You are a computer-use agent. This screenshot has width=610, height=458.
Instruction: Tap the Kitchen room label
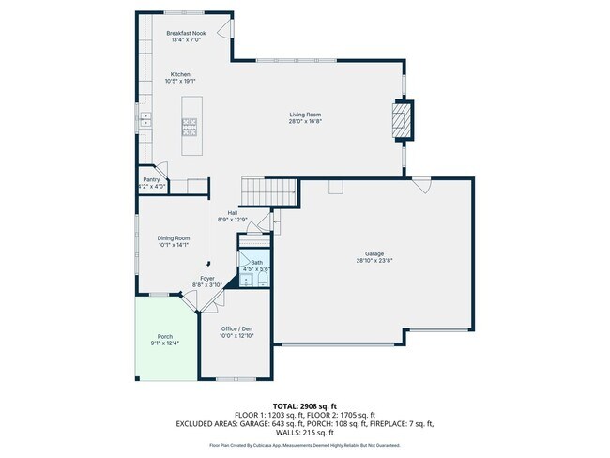(180, 74)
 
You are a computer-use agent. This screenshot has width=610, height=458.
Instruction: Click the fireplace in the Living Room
(401, 120)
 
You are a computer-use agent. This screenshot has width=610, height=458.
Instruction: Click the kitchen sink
(145, 120)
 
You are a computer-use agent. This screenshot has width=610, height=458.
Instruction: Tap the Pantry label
(151, 179)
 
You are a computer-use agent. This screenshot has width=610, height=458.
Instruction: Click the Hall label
(231, 213)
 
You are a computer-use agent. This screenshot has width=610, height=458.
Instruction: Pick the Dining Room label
(174, 238)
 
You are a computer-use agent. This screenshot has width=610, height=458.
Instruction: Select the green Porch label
(164, 341)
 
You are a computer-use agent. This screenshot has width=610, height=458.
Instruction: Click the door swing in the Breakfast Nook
(224, 29)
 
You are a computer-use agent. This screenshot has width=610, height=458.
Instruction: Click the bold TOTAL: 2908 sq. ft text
(304, 405)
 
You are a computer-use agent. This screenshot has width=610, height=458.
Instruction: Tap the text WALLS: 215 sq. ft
(304, 433)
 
